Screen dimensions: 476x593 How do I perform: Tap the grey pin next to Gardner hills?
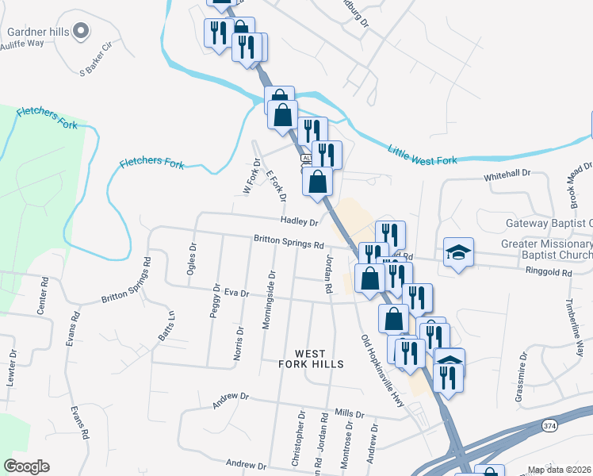tap(79, 31)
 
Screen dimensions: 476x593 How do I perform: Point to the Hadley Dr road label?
tap(299, 223)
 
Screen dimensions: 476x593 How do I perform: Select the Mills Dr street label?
tap(349, 413)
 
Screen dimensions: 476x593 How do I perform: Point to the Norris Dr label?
tap(239, 343)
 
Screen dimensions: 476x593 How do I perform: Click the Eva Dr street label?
tap(237, 293)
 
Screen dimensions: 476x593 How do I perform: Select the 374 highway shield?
tap(549, 426)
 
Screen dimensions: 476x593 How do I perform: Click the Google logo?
tap(26, 466)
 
